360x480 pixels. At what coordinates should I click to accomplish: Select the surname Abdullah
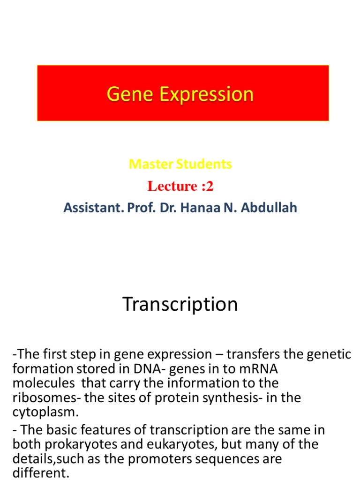[269, 208]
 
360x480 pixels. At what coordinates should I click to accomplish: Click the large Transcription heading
[180, 305]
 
